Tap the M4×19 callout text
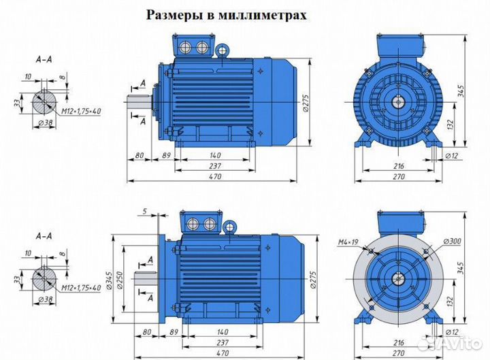point(348,242)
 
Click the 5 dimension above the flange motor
point(145,211)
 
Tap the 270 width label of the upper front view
point(399,177)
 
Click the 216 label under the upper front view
point(399,165)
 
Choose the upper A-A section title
point(44,60)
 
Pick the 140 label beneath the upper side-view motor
point(215,156)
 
